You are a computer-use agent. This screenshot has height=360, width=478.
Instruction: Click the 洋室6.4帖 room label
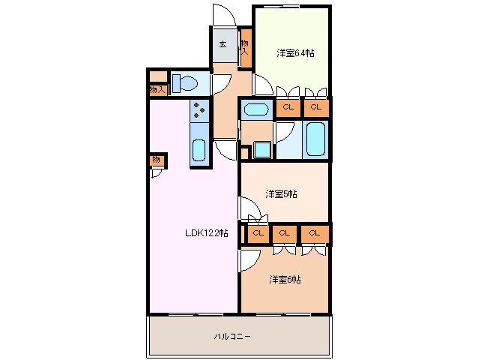coord(295,53)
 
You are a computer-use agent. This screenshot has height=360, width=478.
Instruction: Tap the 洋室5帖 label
coord(281,193)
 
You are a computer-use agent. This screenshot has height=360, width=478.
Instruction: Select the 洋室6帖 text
coord(285,279)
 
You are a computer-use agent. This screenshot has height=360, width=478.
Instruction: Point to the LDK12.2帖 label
coord(206,233)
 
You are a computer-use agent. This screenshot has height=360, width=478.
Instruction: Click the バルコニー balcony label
coord(232,337)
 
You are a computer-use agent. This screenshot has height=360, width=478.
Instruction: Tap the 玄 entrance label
coord(223,44)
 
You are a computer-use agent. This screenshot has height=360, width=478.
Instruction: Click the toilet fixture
coord(185,83)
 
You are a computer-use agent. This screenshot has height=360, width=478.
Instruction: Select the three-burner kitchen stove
coord(199,110)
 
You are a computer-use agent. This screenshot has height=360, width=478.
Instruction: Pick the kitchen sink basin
coord(199,150)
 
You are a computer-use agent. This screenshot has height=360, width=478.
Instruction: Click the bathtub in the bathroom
coord(315,139)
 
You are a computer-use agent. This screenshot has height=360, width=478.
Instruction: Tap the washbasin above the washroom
coord(256,109)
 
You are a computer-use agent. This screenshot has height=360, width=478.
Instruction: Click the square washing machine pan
coord(262,150)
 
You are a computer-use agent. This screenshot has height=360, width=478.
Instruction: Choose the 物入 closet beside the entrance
coord(245,48)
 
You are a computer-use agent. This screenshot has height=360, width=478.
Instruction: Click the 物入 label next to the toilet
coord(157,90)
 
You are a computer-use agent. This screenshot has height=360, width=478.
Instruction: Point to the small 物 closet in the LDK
coord(157,160)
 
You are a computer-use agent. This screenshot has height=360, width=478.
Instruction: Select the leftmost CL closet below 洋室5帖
coord(258,233)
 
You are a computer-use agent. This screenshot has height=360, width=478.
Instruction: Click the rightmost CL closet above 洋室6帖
coord(315,233)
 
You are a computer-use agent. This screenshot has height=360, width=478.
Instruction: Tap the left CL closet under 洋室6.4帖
coord(288,107)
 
